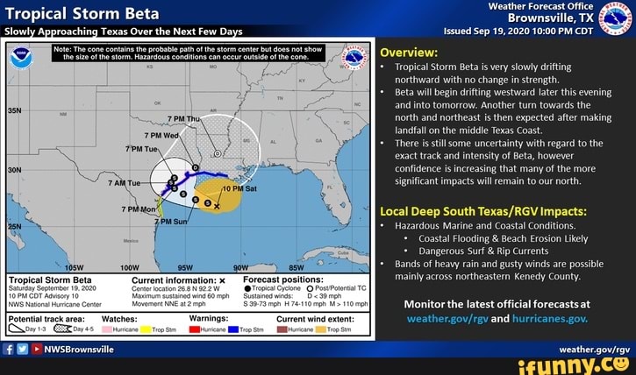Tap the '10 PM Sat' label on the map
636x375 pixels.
pos(240,187)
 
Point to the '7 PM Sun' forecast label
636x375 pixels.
pos(172,222)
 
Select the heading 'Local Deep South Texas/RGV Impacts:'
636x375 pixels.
pos(488,210)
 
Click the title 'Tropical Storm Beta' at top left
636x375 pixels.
pos(82,13)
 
